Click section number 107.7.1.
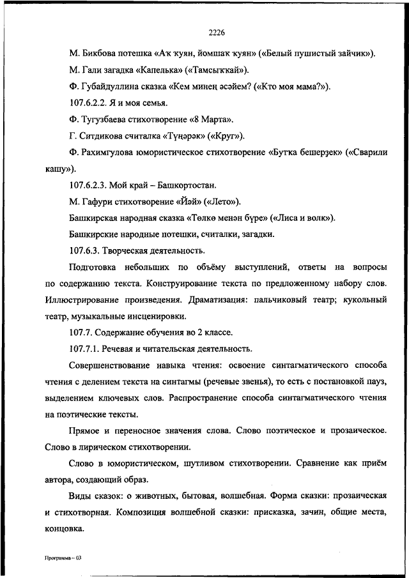pyautogui.click(x=89, y=349)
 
